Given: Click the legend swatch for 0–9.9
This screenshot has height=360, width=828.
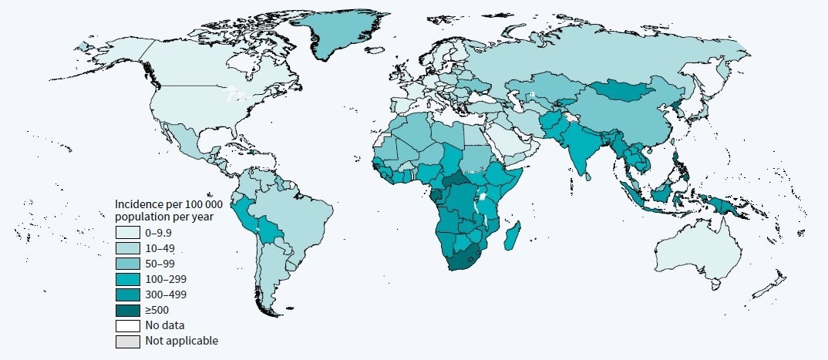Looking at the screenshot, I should [129, 232].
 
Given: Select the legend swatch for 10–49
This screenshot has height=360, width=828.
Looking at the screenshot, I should [129, 247].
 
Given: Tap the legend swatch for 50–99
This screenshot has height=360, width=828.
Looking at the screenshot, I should [129, 263].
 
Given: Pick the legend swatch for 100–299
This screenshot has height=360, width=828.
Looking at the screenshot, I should [129, 278].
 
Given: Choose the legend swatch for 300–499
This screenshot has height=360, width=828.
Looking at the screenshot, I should [129, 294].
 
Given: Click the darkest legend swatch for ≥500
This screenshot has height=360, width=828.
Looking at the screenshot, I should [129, 309].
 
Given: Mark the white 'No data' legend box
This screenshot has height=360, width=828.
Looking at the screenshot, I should [129, 325].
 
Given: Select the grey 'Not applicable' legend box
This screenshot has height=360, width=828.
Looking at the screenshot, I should [129, 340].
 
